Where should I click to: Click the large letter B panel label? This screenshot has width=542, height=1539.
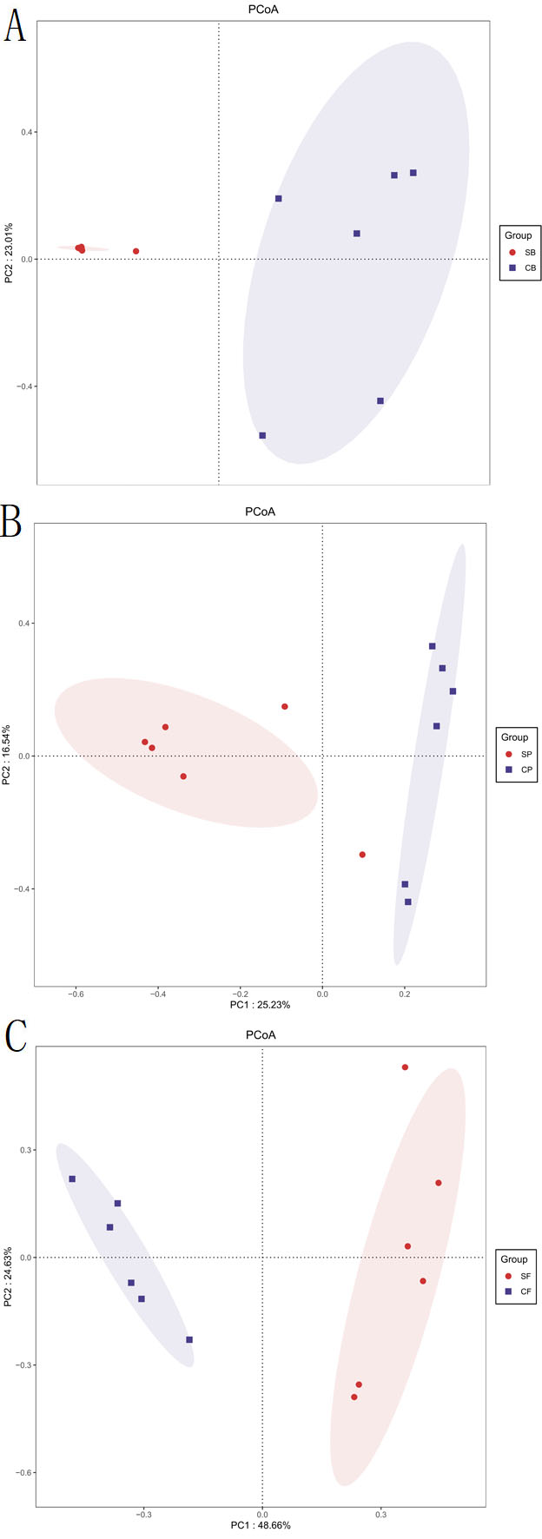13,525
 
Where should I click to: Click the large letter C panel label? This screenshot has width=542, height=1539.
16,1038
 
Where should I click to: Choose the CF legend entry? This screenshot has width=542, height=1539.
519,1291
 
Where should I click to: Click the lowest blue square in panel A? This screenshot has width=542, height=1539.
262,435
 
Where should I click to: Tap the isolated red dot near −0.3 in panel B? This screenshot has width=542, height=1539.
362,855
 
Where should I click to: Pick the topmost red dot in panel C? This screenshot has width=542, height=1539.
405,1067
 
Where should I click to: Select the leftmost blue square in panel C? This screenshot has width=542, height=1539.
72,1179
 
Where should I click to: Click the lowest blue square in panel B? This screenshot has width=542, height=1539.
408,902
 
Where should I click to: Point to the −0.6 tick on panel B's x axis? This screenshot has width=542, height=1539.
76,992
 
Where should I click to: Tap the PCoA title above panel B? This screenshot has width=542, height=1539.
260,512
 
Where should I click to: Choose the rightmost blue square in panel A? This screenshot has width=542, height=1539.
413,173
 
